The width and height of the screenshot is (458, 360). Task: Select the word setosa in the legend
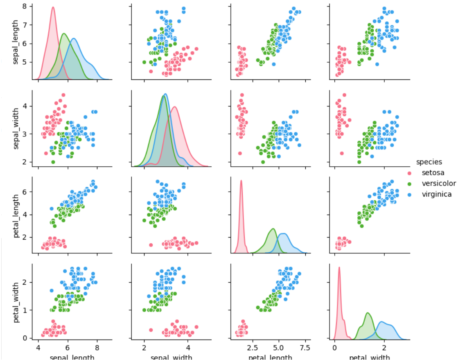pyautogui.click(x=433, y=173)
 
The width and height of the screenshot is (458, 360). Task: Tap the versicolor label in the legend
pyautogui.click(x=439, y=183)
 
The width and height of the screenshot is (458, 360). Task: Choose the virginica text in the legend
pyautogui.click(x=437, y=194)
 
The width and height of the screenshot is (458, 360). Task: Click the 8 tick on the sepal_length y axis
pyautogui.click(x=25, y=7)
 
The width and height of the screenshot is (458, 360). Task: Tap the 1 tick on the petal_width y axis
pyautogui.click(x=25, y=310)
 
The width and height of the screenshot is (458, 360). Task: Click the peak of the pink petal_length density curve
pyautogui.click(x=241, y=181)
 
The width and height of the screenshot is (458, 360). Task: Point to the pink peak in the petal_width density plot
pyautogui.click(x=339, y=267)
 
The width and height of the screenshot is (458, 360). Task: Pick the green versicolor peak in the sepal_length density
pyautogui.click(x=64, y=34)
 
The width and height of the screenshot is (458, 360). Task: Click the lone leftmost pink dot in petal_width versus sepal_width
pyautogui.click(x=151, y=330)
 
